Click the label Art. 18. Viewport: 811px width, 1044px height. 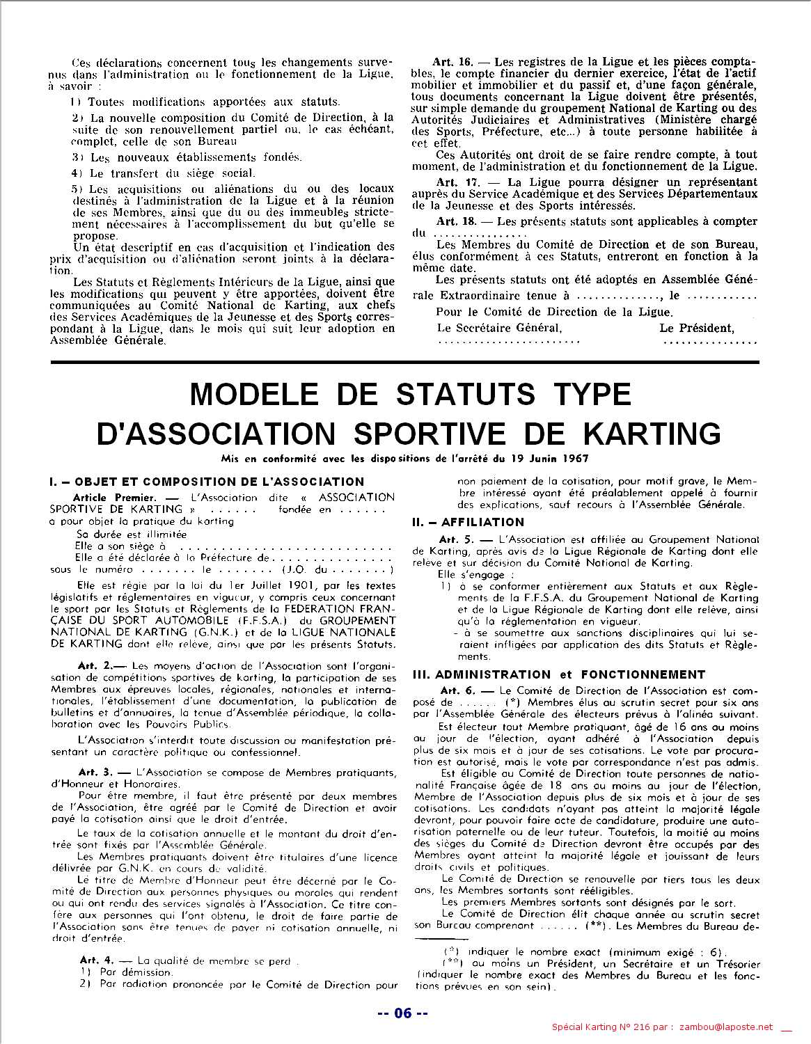tap(455, 221)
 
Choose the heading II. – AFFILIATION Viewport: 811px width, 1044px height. tap(468, 522)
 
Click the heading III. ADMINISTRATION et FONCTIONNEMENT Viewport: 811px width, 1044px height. tap(549, 674)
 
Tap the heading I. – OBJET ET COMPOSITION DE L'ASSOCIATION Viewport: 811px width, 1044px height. tap(207, 482)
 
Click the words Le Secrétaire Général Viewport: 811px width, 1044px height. tap(499, 328)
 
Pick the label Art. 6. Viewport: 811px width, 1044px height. tap(457, 690)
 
